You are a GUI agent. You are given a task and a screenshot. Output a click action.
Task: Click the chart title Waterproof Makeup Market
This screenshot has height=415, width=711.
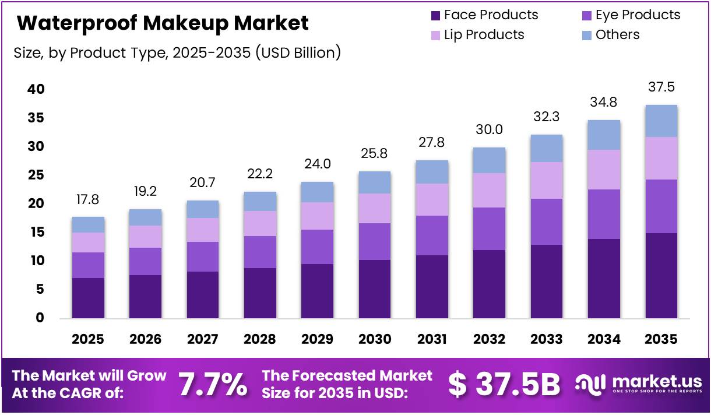point(163,23)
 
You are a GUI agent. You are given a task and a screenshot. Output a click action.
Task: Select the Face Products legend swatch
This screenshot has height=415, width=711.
point(435,15)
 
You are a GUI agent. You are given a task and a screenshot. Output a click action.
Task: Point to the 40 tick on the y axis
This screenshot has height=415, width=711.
point(36,89)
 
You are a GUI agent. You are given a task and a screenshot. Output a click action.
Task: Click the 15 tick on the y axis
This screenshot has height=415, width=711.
point(36,233)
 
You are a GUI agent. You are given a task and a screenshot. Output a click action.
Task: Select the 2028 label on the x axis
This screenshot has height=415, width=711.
point(260,339)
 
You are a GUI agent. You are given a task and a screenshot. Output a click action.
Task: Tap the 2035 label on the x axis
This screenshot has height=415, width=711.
point(661,339)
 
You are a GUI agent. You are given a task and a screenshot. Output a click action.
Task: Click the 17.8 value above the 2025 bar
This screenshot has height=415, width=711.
point(88,200)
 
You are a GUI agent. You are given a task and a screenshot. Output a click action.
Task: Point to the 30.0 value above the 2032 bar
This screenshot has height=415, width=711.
point(490,129)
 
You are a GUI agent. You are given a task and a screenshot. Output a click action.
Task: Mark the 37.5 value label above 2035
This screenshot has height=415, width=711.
point(661,87)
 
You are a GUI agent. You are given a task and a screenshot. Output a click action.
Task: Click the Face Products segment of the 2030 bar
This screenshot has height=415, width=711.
point(375,289)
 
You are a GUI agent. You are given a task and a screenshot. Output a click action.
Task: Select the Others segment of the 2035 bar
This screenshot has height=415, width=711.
point(661,121)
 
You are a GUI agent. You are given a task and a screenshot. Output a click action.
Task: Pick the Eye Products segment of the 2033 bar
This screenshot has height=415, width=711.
point(547,221)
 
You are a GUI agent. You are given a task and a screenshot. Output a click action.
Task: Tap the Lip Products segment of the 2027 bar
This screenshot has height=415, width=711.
point(203,230)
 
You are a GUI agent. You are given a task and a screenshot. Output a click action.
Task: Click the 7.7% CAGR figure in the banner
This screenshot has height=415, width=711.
point(212,385)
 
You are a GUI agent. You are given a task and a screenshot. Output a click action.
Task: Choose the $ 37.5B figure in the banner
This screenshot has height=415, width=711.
point(504,385)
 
